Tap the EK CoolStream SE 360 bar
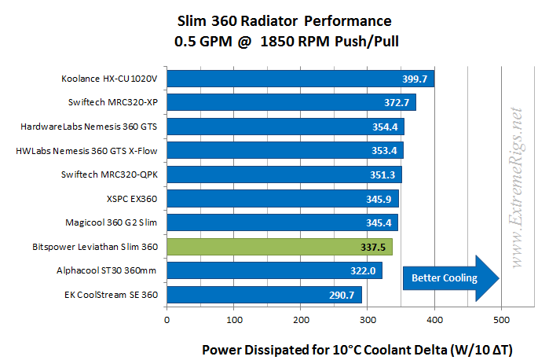point(264,296)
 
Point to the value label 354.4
point(385,127)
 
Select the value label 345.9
point(380,199)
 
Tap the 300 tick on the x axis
point(368,319)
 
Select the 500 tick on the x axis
point(501,319)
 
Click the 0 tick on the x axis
point(167,319)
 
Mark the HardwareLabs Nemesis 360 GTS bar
point(285,127)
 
